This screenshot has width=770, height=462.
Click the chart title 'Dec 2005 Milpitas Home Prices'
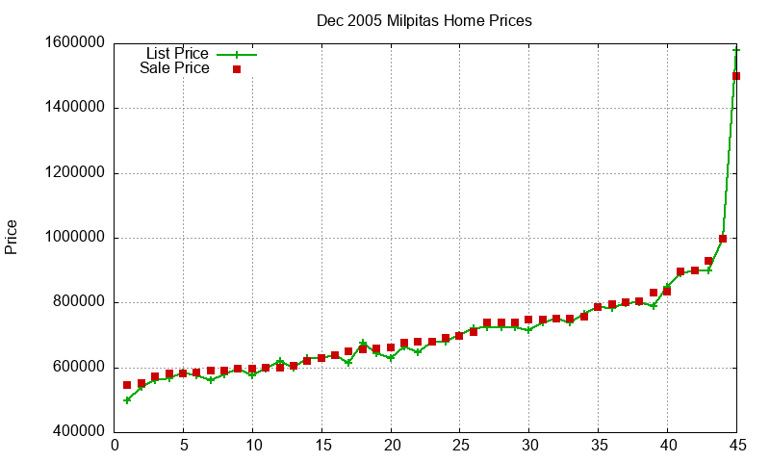click(423, 20)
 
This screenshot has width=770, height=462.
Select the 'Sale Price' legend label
click(174, 68)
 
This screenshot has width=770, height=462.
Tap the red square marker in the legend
click(236, 69)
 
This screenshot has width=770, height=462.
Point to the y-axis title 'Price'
click(12, 237)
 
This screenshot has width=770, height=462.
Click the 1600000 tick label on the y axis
click(74, 43)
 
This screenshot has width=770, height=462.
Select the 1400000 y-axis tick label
click(74, 109)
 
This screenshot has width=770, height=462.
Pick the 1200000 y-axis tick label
click(74, 173)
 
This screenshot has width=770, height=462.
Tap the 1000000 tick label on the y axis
click(74, 238)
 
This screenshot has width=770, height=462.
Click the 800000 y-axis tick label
click(78, 303)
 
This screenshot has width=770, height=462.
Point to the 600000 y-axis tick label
click(78, 368)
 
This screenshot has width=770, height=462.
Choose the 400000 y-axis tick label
click(78, 432)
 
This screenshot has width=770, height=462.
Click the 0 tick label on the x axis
click(115, 445)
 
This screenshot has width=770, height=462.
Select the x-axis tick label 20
click(391, 445)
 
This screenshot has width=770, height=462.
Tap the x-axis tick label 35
click(598, 445)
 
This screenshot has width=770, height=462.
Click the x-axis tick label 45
click(736, 445)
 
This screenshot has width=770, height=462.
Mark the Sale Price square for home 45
click(736, 76)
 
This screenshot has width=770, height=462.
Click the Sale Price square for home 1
click(127, 385)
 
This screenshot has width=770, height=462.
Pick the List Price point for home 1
click(127, 400)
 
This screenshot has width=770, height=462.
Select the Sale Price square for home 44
click(723, 239)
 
